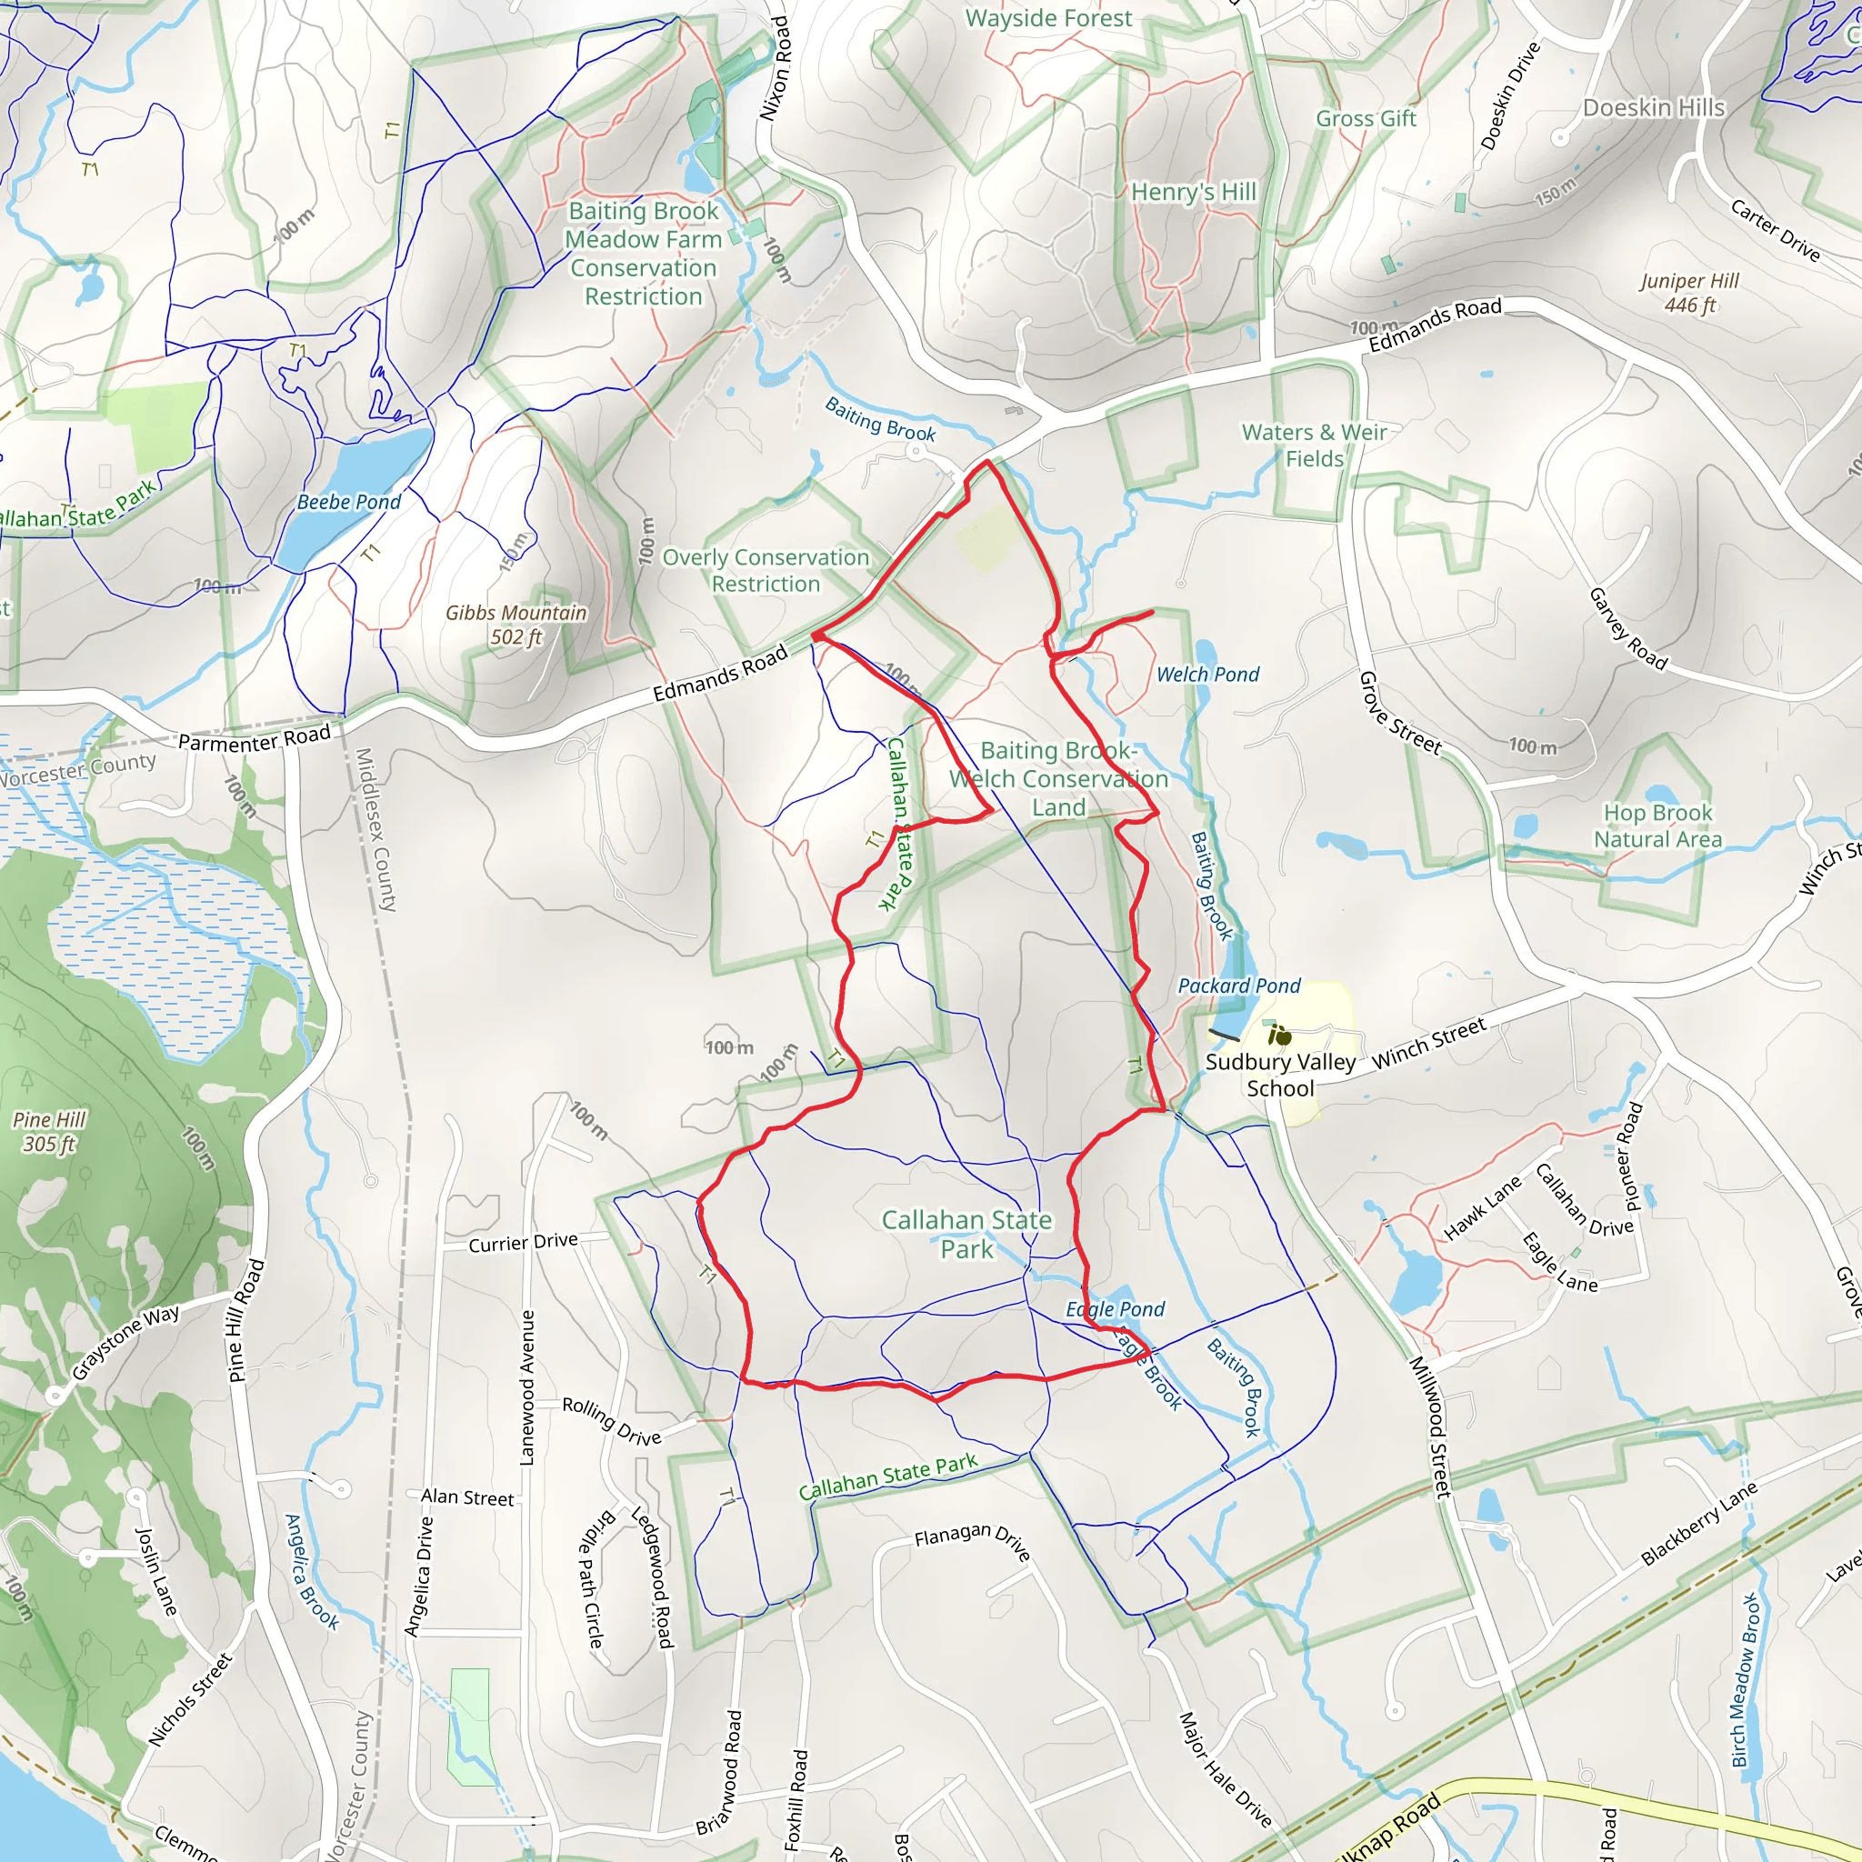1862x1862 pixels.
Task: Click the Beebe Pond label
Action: pos(349,502)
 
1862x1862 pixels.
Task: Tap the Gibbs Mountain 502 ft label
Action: pos(516,625)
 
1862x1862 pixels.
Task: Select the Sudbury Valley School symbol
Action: pos(1280,1037)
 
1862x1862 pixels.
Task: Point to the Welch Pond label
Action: pos(1207,675)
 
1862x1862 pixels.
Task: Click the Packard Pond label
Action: pos(1238,986)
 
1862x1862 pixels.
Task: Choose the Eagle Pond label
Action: pos(1115,1309)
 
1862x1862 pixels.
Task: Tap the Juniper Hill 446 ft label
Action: pos(1689,293)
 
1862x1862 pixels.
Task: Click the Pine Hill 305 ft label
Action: pos(49,1131)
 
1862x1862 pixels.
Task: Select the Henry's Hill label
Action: pos(1193,193)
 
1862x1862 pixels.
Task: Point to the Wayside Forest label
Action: pos(1048,18)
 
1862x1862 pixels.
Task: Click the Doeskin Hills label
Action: pos(1654,108)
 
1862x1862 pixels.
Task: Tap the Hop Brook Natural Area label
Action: pos(1657,826)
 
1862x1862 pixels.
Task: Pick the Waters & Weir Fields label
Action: pos(1315,445)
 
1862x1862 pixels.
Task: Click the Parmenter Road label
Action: pos(255,739)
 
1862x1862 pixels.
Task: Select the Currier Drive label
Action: pos(524,1242)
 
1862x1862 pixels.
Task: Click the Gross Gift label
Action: pos(1366,118)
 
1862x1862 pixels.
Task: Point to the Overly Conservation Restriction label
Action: pos(766,571)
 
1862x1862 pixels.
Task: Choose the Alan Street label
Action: pos(467,1497)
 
